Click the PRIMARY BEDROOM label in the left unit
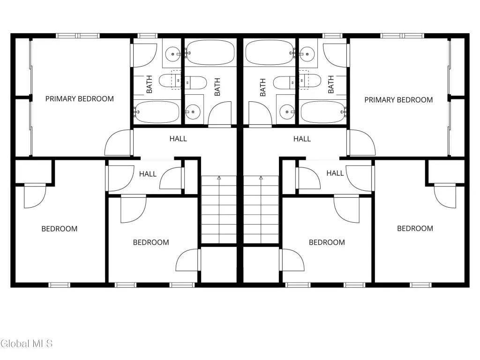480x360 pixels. click(x=80, y=99)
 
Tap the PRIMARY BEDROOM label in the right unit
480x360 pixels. click(x=398, y=100)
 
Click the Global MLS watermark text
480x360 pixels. click(x=27, y=344)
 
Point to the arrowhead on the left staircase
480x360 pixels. click(x=219, y=178)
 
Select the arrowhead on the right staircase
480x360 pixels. click(x=261, y=178)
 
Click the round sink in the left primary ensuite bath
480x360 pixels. click(x=172, y=54)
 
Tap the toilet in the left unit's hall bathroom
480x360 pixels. click(x=196, y=82)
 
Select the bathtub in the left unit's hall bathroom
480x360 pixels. click(x=210, y=52)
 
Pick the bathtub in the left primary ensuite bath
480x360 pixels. click(x=157, y=112)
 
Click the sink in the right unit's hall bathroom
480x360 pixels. click(x=287, y=112)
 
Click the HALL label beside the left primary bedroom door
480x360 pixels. click(x=178, y=139)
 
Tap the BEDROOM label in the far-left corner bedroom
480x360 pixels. click(x=60, y=229)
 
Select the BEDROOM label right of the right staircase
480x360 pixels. click(x=327, y=242)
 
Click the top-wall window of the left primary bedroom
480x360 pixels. click(x=78, y=36)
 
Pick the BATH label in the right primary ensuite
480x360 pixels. click(x=331, y=84)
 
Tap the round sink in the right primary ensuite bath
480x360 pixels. click(x=307, y=54)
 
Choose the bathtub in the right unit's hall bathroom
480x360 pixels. click(x=270, y=52)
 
